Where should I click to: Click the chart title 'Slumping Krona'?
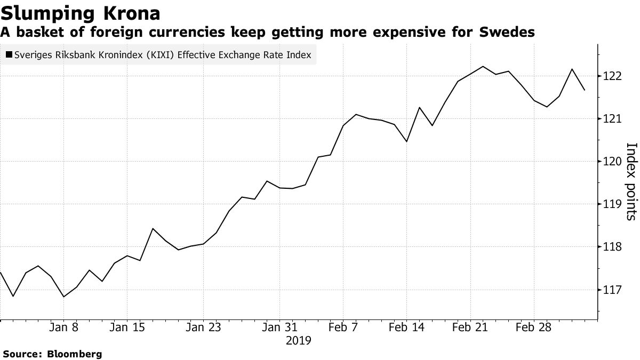[x=80, y=12]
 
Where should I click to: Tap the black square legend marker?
[x=9, y=55]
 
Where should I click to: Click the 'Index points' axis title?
[x=630, y=181]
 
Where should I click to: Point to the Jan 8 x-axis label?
[x=63, y=327]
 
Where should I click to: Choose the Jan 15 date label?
[x=126, y=327]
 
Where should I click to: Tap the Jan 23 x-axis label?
[x=203, y=327]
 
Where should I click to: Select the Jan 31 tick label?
[x=280, y=327]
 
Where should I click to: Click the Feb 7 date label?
[x=343, y=327]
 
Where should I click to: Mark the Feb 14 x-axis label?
[x=406, y=327]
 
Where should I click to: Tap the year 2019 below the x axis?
[x=299, y=340]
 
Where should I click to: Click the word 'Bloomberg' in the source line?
[x=75, y=354]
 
